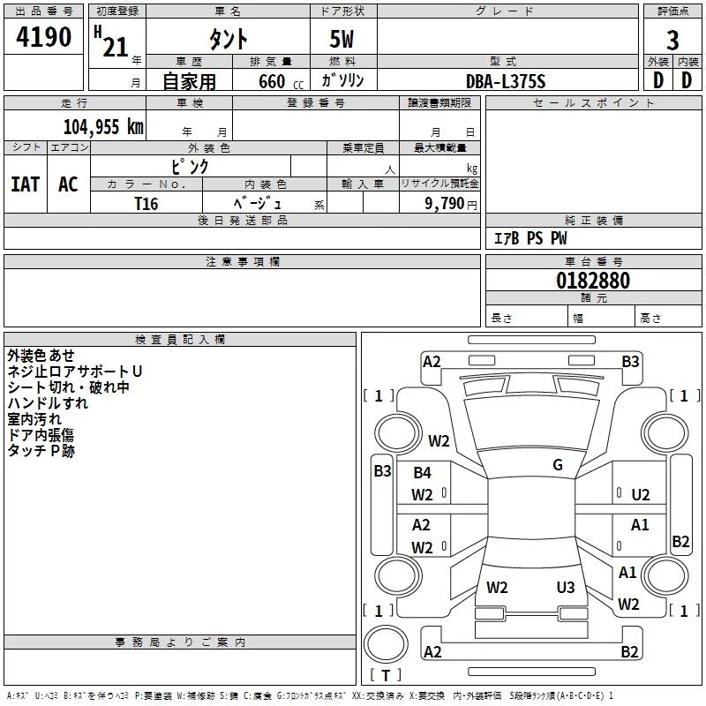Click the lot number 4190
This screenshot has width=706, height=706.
[x=43, y=37]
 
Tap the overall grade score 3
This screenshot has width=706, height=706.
[x=672, y=41]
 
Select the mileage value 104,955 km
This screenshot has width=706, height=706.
[x=103, y=127]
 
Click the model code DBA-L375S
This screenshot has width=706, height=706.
[x=506, y=81]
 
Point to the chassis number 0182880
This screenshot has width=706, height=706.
[x=593, y=281]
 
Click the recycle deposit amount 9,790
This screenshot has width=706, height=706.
[x=444, y=204]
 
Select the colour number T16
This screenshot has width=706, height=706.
[x=146, y=204]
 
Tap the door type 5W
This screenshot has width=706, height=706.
[x=342, y=39]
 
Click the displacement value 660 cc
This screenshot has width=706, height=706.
[x=281, y=82]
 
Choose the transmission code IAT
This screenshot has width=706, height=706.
[x=26, y=184]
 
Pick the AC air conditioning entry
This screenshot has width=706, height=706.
[x=68, y=184]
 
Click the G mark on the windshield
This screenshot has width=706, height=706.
[x=558, y=465]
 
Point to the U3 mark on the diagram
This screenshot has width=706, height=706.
[x=566, y=587]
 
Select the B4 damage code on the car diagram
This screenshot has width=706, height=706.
[x=423, y=473]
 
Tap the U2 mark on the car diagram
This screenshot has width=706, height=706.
[x=641, y=495]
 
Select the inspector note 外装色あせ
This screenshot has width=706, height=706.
[x=41, y=356]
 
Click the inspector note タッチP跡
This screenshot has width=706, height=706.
[x=41, y=451]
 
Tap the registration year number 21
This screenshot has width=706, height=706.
[x=116, y=47]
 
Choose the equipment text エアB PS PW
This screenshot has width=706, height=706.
[x=530, y=238]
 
